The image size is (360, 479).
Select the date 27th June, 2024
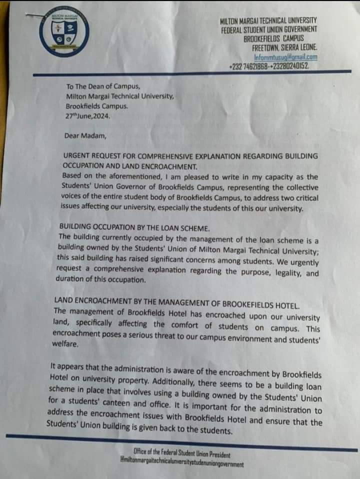pyautogui.click(x=87, y=116)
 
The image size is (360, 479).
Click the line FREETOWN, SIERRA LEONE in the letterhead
pyautogui.click(x=284, y=48)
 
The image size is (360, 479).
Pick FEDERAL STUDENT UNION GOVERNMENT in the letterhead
pyautogui.click(x=269, y=30)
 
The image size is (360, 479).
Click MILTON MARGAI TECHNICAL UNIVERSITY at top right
pyautogui.click(x=268, y=20)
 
